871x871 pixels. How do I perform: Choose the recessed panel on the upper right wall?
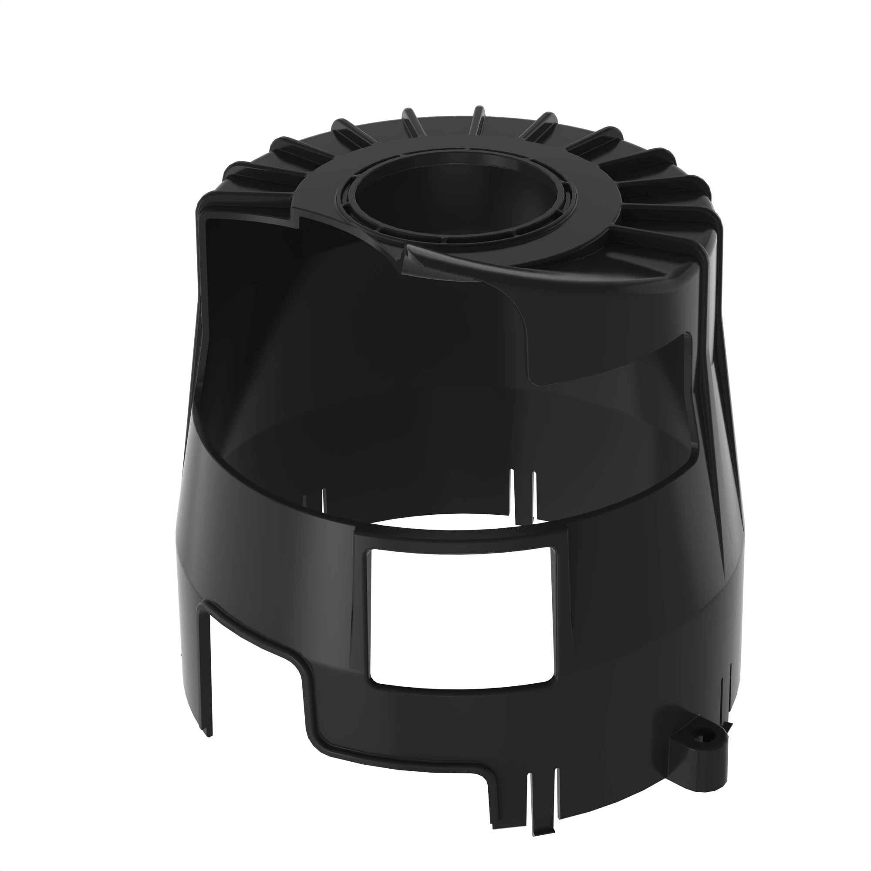point(609,361)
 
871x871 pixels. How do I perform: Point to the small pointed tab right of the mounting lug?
point(727,722)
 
